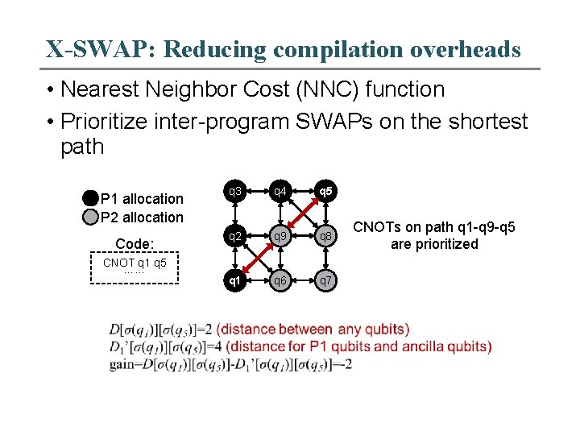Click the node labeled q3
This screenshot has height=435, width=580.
(234, 192)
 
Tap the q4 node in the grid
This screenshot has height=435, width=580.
(280, 192)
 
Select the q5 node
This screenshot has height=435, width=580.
(325, 192)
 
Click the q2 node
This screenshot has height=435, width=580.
(234, 237)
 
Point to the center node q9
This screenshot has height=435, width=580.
(280, 237)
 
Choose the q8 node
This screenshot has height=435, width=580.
(325, 237)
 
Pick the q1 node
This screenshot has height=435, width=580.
(234, 281)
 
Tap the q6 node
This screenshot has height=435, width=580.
(280, 281)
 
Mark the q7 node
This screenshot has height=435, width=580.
(325, 281)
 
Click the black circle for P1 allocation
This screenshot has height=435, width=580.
(89, 198)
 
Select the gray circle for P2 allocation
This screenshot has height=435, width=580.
(89, 216)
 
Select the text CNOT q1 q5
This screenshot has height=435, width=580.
(134, 263)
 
